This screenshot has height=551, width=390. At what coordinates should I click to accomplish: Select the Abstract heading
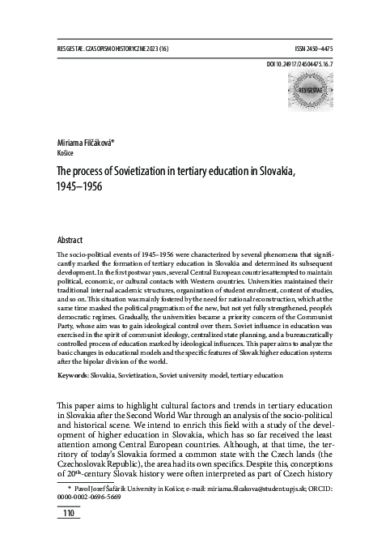70,241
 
